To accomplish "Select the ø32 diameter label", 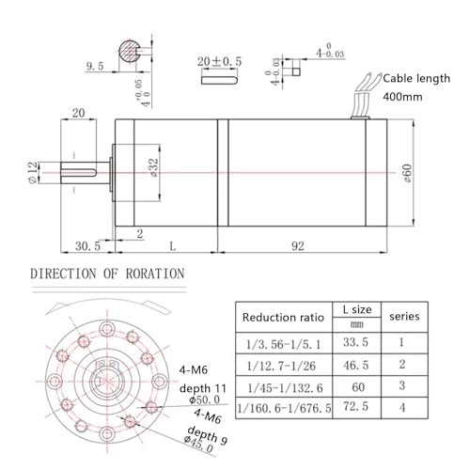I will coord(152,167).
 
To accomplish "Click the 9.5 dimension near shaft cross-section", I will coord(94,67).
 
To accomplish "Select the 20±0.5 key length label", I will coord(219,61).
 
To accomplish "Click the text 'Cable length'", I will coord(419,80).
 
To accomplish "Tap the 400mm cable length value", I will coord(401,97).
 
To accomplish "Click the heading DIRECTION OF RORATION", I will coord(108,274).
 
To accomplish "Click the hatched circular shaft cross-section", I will coord(130,54).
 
